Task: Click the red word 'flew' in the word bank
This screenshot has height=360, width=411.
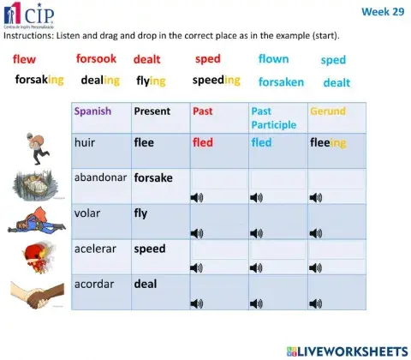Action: coord(25,59)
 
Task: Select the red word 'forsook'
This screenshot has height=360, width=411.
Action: coord(96,59)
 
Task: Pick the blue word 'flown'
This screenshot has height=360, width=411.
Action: coord(274,59)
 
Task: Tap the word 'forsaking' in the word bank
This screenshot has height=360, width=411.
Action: coord(39,80)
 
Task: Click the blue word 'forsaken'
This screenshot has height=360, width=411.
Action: coord(281,82)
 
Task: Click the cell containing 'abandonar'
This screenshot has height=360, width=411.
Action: coord(99,177)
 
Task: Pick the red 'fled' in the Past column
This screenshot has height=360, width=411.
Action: coord(203,142)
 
